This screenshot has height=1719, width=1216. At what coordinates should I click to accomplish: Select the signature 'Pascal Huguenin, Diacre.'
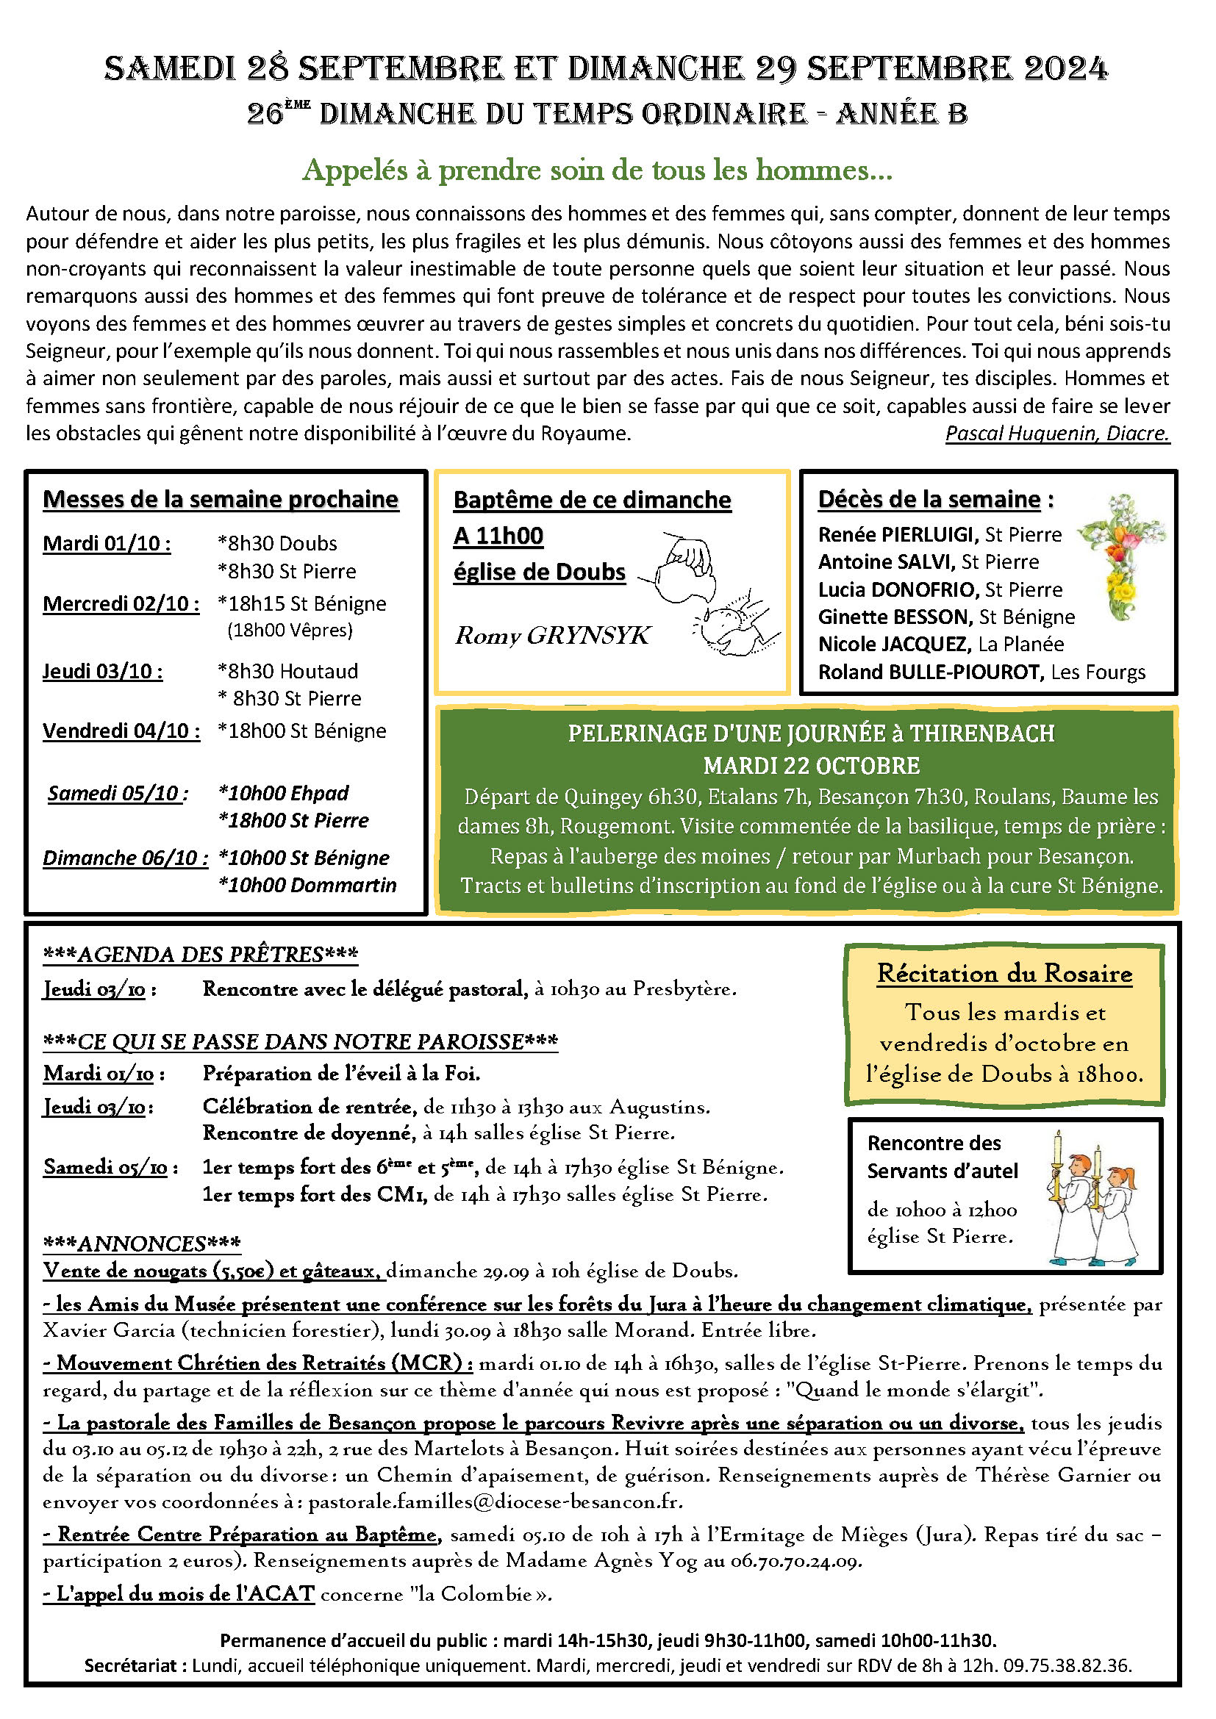[1056, 434]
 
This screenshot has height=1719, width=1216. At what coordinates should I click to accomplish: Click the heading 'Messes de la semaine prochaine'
[220, 499]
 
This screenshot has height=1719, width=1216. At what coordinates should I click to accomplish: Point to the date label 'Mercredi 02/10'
[121, 604]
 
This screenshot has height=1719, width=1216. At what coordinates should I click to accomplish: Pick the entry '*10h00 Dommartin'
[307, 885]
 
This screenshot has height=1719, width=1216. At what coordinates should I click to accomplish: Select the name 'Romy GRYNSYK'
[552, 636]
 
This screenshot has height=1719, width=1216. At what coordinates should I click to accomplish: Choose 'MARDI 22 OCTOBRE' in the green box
[811, 766]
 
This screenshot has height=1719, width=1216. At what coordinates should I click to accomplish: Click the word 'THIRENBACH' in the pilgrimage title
[981, 733]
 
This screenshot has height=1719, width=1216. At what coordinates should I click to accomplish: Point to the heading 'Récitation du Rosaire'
[1004, 974]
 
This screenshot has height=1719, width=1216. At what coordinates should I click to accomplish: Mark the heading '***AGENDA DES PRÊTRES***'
[200, 955]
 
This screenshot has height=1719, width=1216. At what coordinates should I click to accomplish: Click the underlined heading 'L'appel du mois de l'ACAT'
[179, 1594]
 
